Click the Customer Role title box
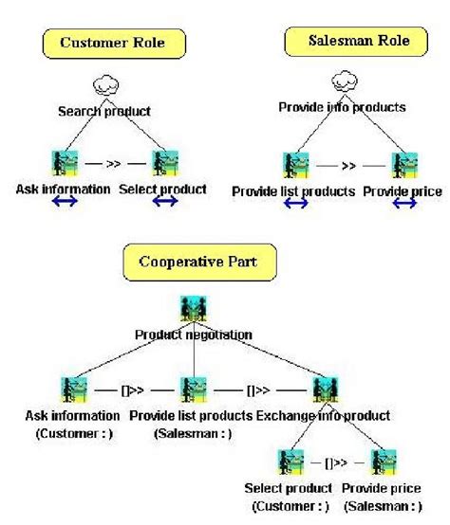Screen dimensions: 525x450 coord(115,44)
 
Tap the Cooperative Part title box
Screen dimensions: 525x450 coord(195,261)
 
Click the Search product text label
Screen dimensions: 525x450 coord(104,111)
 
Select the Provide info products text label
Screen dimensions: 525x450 coord(343,107)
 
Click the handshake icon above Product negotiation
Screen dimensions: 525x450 coord(194,308)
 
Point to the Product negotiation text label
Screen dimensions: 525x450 coord(194,334)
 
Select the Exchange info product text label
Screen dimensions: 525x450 coord(322,415)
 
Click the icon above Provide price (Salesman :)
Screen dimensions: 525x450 coord(382,462)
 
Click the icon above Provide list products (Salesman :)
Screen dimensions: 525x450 coord(193,388)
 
